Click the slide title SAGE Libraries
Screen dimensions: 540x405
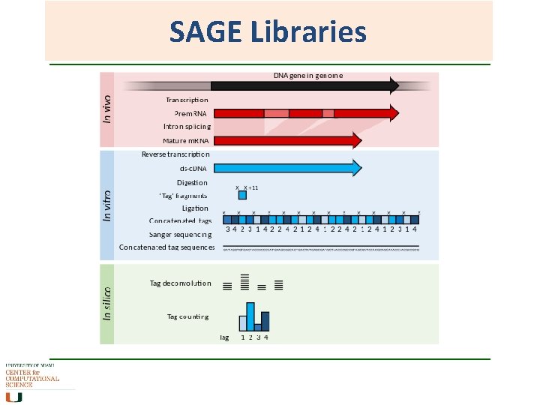(268, 32)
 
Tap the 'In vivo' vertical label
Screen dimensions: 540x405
(107, 109)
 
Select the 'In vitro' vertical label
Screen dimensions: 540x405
(107, 205)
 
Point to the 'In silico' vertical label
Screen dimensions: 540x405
(107, 302)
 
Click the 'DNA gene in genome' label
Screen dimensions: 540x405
(307, 75)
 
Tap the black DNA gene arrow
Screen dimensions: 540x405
(300, 85)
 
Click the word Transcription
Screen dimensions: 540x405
(187, 99)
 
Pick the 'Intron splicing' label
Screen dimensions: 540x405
(187, 127)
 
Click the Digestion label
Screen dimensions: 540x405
(192, 182)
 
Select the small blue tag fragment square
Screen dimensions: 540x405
(242, 196)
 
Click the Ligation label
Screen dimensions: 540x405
(195, 208)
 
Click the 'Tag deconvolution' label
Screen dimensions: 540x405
(180, 283)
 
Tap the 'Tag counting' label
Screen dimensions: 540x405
(187, 316)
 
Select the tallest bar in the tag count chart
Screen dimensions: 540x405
(250, 316)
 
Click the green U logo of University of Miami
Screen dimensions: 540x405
(13, 396)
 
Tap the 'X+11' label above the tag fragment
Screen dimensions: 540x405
(251, 187)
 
